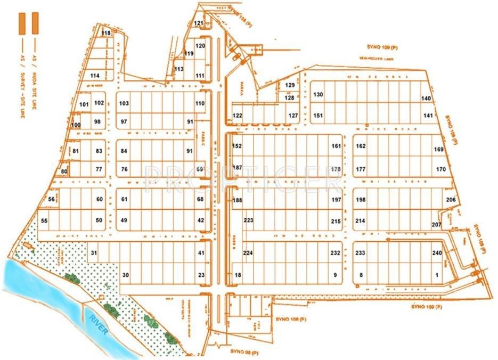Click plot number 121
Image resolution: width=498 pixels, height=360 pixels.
(198, 23)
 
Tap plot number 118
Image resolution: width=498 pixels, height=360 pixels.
(106, 33)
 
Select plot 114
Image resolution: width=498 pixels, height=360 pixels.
(95, 76)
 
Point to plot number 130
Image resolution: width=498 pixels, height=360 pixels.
(318, 94)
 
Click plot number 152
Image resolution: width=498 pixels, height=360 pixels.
(237, 146)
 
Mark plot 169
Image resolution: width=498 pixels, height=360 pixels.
(439, 150)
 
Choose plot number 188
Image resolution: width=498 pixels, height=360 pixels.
(238, 201)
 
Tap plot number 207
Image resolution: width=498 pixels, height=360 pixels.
(437, 225)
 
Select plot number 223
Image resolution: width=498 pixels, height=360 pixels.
(248, 220)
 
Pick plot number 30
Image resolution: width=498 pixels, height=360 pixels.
(126, 275)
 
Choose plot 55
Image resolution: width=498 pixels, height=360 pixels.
(44, 220)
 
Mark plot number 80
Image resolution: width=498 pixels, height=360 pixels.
(64, 171)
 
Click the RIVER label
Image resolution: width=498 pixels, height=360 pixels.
(99, 324)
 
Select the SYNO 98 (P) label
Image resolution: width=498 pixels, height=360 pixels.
(244, 352)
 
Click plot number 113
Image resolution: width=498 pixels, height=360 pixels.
(179, 69)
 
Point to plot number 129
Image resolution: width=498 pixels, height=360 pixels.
(290, 85)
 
